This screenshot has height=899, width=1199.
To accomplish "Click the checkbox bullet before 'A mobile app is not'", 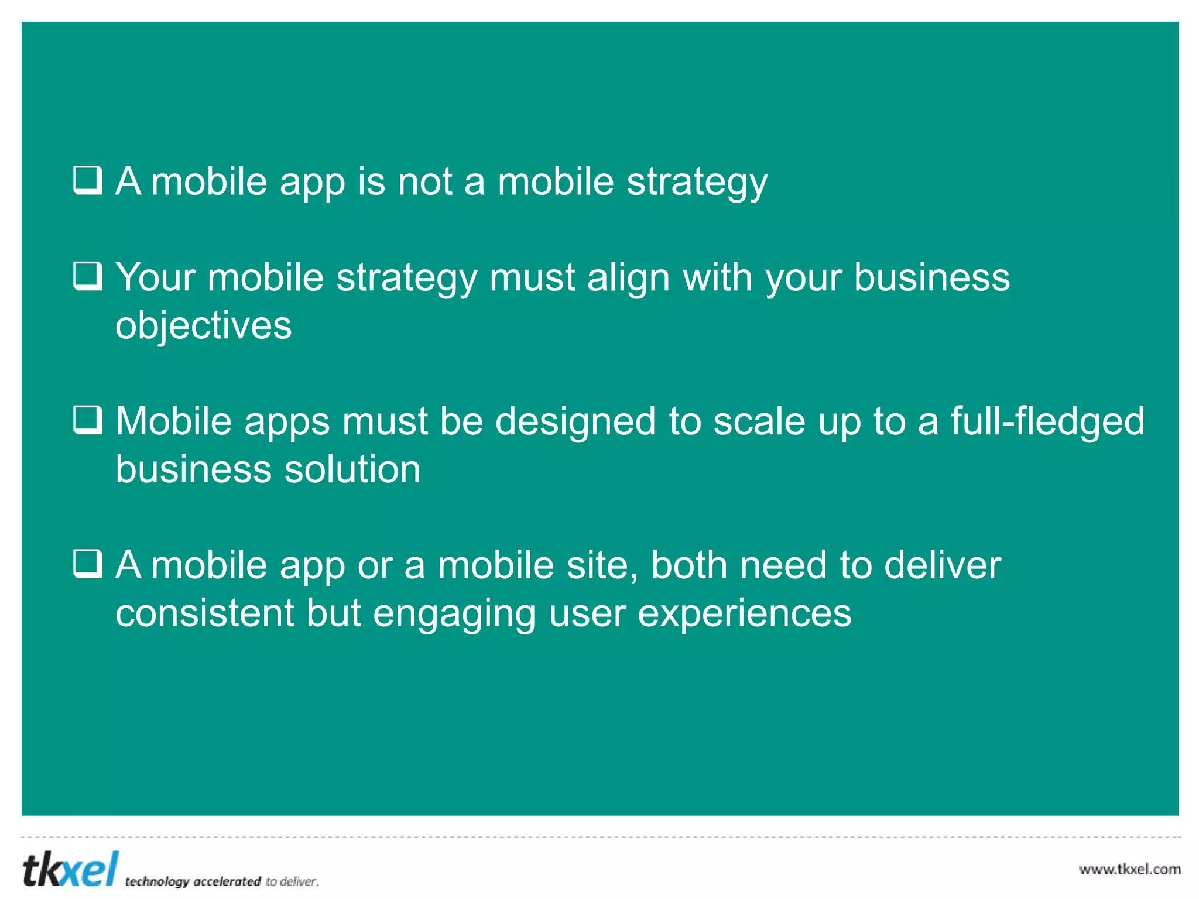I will click(x=88, y=180).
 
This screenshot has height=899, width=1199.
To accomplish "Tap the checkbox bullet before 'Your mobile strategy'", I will click(x=88, y=276).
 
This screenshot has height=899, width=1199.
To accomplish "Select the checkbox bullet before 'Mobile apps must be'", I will click(x=88, y=420).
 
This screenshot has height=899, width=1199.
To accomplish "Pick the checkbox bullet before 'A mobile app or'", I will click(x=88, y=564).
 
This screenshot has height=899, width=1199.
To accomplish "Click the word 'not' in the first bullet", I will click(x=425, y=181).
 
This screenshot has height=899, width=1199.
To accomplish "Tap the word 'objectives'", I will click(x=203, y=325).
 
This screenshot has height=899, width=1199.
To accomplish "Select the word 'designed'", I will click(x=575, y=422).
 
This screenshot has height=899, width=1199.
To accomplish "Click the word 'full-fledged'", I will click(x=1047, y=422).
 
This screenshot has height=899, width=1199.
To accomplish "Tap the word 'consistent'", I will click(x=205, y=613).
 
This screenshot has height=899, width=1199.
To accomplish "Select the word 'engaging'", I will click(x=454, y=615).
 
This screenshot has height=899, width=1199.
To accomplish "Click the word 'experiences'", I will click(x=744, y=615).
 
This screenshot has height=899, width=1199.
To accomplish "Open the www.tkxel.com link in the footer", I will click(x=1130, y=869).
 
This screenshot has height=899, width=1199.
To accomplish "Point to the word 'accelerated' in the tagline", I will click(x=227, y=881).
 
